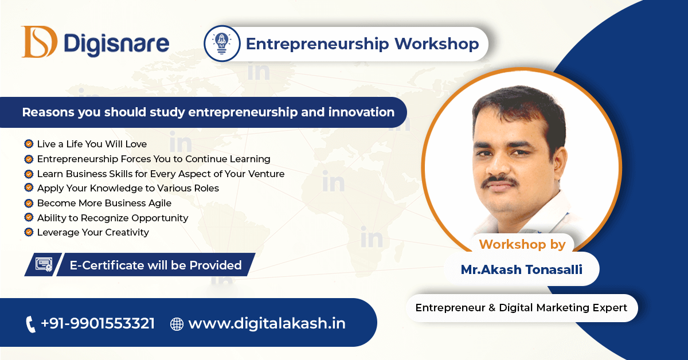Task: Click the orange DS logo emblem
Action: tap(39, 42)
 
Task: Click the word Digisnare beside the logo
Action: tap(116, 44)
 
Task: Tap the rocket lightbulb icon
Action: tap(222, 44)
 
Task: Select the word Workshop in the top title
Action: tap(436, 44)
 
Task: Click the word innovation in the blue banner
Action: tap(361, 112)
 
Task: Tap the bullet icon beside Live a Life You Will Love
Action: tap(29, 143)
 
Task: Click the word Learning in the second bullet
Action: tap(250, 159)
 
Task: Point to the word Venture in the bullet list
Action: tap(266, 174)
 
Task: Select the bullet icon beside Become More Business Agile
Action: tap(29, 203)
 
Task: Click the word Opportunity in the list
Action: tap(160, 218)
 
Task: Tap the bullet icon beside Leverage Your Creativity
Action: tap(29, 232)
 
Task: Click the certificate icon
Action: tap(44, 264)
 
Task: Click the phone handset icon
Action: tap(30, 324)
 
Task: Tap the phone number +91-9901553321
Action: tap(97, 323)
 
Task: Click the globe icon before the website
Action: tap(177, 324)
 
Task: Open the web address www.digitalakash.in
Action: tap(267, 323)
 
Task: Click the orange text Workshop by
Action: tap(522, 245)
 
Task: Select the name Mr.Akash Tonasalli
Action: tap(522, 269)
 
